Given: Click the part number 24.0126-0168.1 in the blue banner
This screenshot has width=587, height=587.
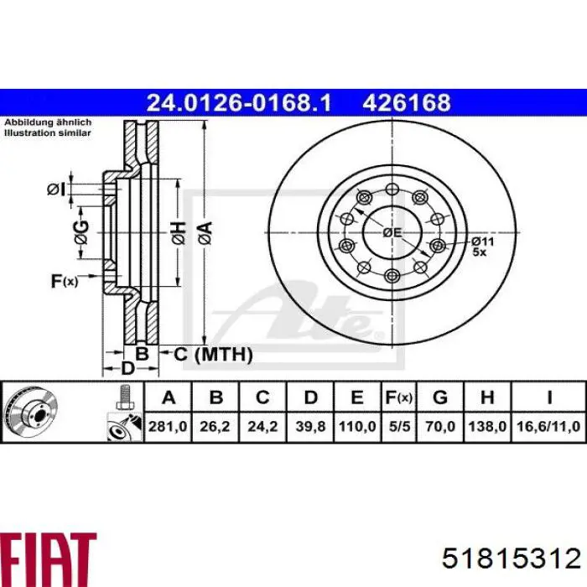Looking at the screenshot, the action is pos(239,102).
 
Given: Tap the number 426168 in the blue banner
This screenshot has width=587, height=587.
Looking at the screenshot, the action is pos(406,102).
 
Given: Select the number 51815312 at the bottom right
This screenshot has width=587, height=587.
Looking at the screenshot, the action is pos(511,559).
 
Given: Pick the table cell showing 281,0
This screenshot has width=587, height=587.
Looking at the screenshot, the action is pos(168,426).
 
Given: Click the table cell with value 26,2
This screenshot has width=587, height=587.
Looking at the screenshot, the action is pos(215,426).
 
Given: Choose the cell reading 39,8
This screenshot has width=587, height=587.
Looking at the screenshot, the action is pos(310,426).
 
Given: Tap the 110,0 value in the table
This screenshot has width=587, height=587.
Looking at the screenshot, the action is pos(357,426).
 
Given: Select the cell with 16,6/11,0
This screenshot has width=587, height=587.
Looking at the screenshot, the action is pos(548,426).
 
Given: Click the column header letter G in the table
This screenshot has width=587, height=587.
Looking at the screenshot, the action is pos(440,397).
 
